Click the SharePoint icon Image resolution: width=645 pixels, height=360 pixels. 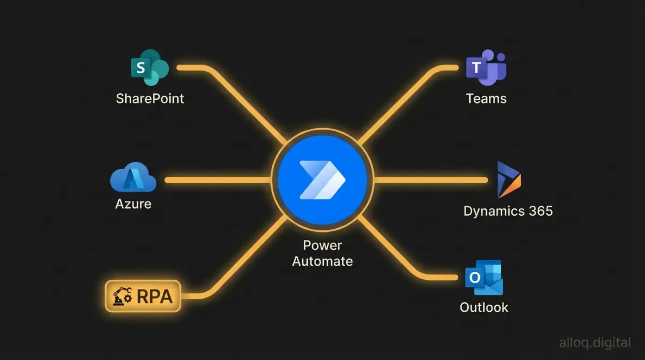[149, 68]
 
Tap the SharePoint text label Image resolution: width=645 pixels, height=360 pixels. [150, 98]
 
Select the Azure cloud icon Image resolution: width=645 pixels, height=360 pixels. [133, 178]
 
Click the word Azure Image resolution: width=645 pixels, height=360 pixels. [133, 204]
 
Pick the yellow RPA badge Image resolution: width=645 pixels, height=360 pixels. [143, 296]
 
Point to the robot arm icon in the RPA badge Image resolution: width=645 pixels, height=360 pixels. [121, 296]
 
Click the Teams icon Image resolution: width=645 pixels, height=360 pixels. [486, 68]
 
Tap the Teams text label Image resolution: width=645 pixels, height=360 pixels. [486, 98]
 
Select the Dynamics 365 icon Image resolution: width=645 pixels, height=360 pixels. [508, 180]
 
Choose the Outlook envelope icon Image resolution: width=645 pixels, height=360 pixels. [484, 277]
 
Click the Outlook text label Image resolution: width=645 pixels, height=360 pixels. [484, 307]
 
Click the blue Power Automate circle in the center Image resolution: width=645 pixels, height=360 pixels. [322, 180]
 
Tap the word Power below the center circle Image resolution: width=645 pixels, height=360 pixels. [322, 245]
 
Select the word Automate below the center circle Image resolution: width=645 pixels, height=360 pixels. [322, 261]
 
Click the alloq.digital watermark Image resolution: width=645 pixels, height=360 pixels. [594, 343]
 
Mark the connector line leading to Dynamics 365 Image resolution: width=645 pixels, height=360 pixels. [431, 180]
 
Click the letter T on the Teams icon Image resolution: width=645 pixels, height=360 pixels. [476, 69]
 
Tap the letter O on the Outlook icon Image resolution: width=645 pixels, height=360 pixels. [474, 277]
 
